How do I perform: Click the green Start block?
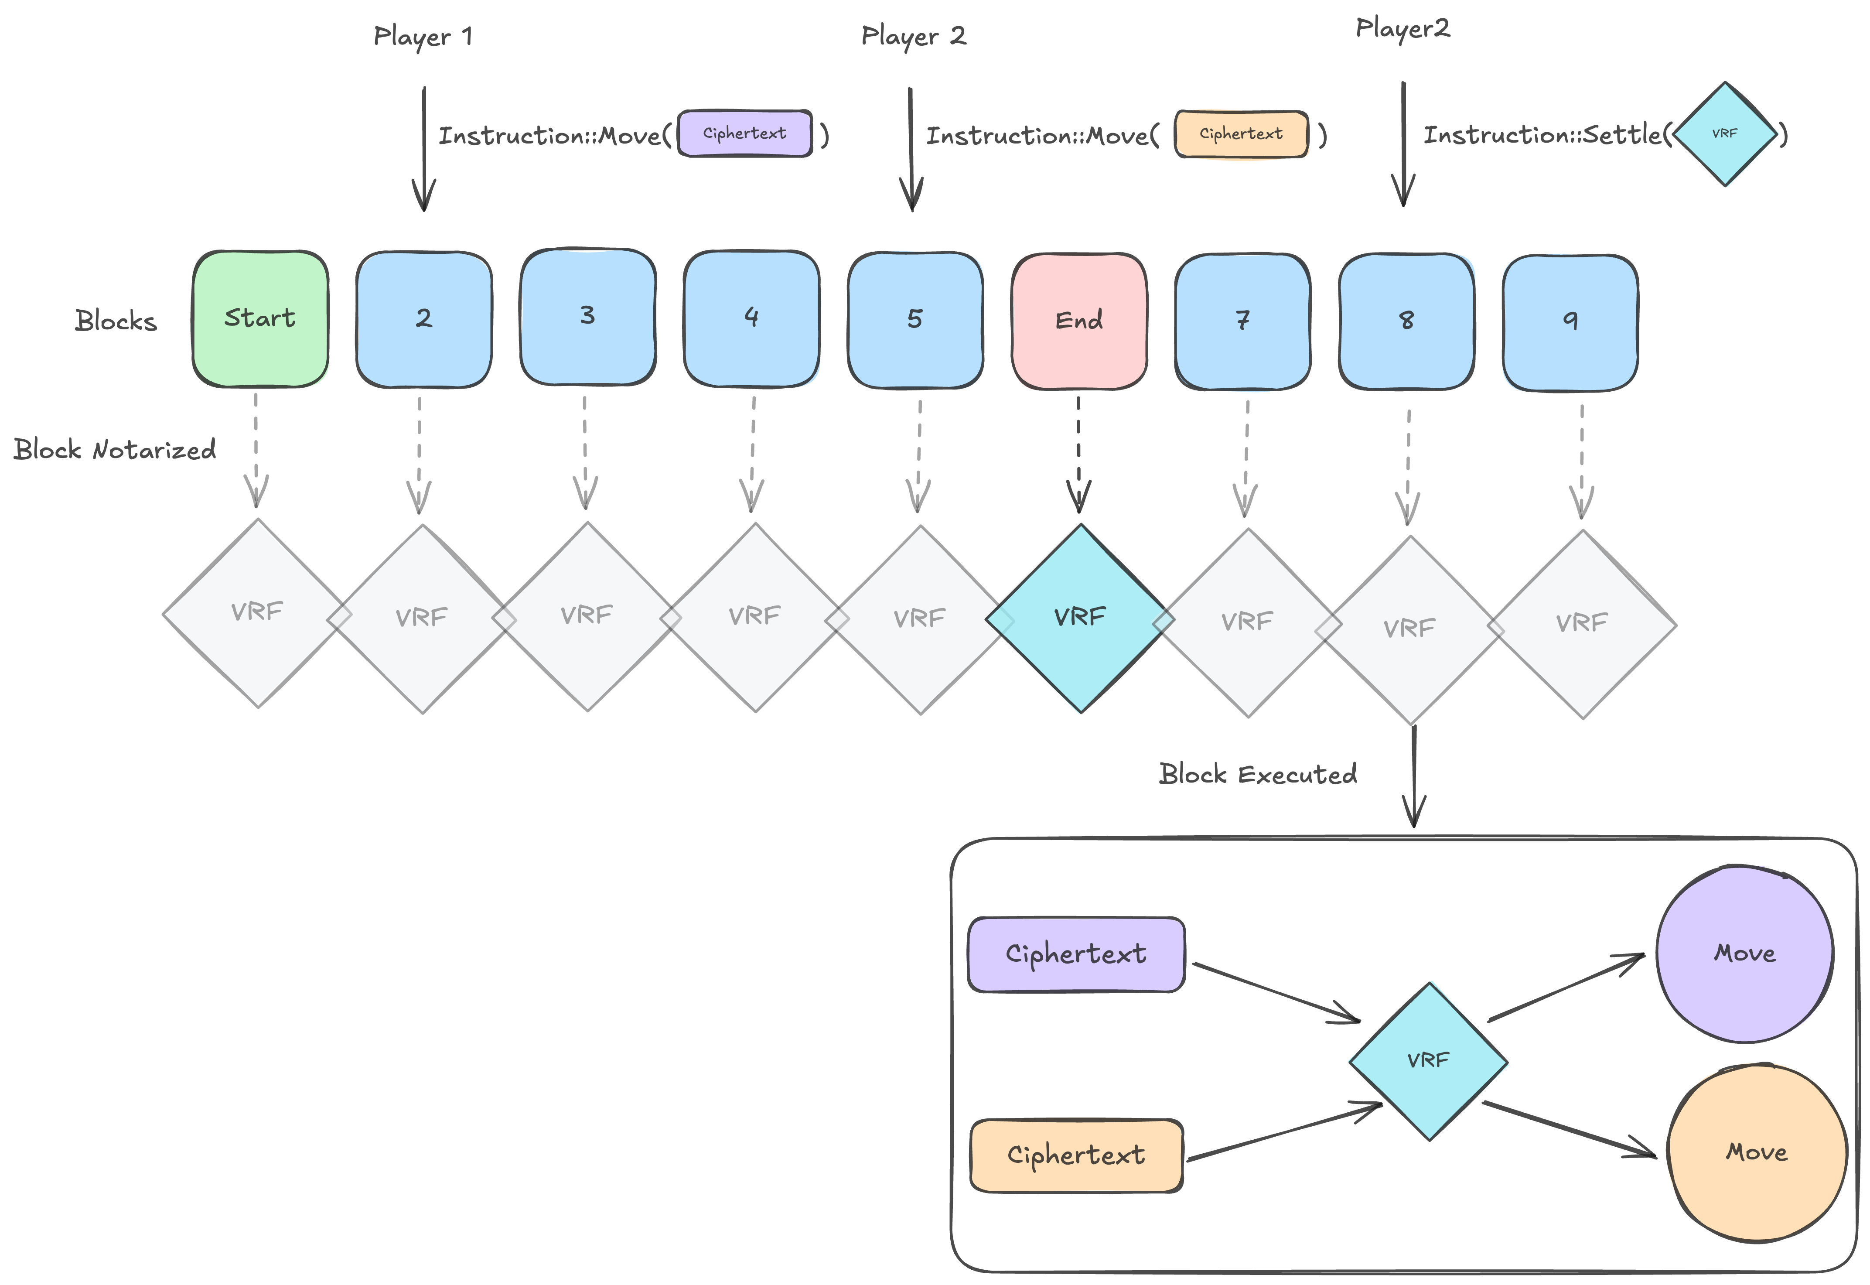pos(260,319)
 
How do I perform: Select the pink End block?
pos(1078,321)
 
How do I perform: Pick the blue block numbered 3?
pos(587,316)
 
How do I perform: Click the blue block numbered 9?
pos(1570,322)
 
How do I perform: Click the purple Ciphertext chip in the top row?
pos(744,133)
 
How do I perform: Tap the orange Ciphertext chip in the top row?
pos(1241,133)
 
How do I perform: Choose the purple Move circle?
pos(1744,954)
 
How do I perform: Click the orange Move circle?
pos(1757,1153)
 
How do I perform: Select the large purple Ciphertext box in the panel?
pos(1075,954)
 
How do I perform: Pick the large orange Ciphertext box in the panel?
pos(1075,1155)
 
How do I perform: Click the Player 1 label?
pos(423,36)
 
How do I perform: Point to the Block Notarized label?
pos(114,449)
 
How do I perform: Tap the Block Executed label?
pos(1257,775)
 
